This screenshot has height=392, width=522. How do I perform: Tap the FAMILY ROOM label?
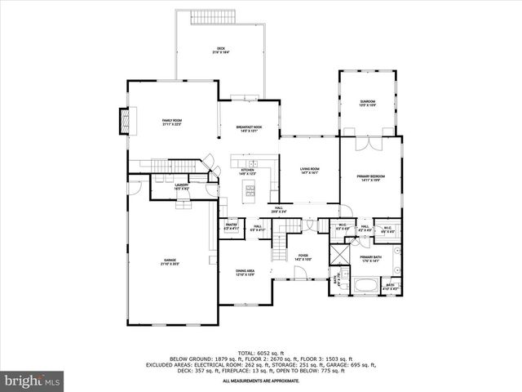click(x=171, y=122)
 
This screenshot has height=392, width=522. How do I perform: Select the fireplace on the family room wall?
click(x=125, y=121)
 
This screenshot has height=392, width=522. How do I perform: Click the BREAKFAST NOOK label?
click(x=249, y=128)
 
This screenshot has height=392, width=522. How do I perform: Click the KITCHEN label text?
click(x=248, y=171)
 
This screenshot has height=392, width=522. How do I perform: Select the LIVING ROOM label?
click(x=310, y=170)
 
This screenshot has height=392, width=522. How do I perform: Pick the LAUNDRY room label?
click(x=182, y=187)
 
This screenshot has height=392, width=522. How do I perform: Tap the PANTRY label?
click(x=230, y=228)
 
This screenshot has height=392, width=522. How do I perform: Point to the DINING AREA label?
click(x=245, y=272)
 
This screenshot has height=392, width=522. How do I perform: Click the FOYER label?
click(x=302, y=256)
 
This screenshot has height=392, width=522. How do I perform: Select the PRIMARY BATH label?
click(x=371, y=259)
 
